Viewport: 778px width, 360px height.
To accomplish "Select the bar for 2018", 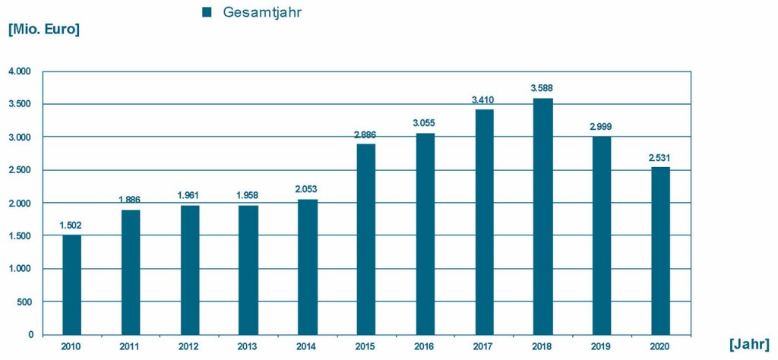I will pos(542,216).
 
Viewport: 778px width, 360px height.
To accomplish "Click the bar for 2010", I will pos(71,285).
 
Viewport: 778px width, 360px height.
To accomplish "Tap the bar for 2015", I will pos(366,239).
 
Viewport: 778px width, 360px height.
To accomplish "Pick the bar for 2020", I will pos(660,251).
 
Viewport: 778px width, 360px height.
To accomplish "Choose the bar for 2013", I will pos(248,270).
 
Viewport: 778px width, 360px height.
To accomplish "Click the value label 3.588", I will pos(542,88).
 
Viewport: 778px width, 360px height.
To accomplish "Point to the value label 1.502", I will pos(71,226).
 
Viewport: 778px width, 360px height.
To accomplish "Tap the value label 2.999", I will pos(602,127).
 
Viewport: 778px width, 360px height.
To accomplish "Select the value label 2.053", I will pos(307,189).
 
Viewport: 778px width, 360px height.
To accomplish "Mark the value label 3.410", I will pos(484,99).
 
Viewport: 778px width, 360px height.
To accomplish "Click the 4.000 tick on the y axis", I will pos(20,71).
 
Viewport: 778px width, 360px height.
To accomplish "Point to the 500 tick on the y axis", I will pos(24,302).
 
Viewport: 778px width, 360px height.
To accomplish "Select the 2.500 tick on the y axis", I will pos(20,170).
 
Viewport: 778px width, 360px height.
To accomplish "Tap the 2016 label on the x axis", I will pos(425,346).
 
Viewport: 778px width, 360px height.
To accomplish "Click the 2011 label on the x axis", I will pos(131,346).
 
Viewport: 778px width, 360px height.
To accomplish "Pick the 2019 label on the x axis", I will pos(602,346).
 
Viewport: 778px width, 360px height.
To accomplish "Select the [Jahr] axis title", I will pos(748,344).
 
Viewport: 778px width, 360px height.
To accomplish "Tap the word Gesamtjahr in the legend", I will pos(258,12).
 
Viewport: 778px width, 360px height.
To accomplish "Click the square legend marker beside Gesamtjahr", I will pos(206,12).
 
